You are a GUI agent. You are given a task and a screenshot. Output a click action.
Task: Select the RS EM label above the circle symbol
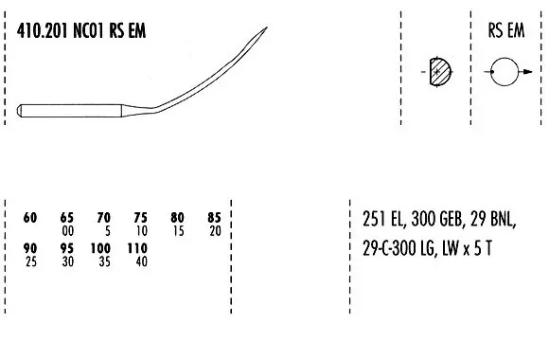pyautogui.click(x=506, y=30)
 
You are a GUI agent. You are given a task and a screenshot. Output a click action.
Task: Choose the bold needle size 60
pyautogui.click(x=29, y=218)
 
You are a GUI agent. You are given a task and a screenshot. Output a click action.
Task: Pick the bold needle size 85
pyautogui.click(x=214, y=218)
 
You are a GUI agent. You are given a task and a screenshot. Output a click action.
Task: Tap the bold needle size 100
pyautogui.click(x=103, y=248)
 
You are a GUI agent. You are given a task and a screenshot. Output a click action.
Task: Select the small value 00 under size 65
pyautogui.click(x=66, y=231)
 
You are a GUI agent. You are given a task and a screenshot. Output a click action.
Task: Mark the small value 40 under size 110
pyautogui.click(x=140, y=261)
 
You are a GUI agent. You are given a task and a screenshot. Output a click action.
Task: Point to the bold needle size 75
pyautogui.click(x=140, y=218)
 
